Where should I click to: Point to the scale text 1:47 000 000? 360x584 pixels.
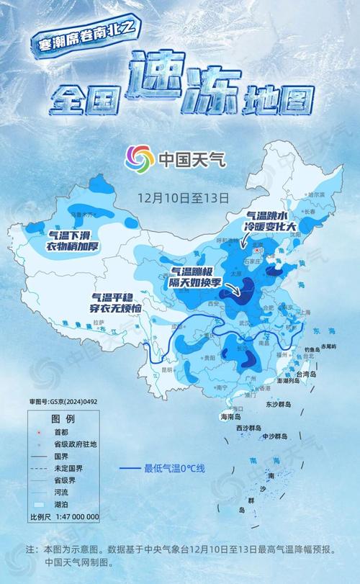74,516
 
